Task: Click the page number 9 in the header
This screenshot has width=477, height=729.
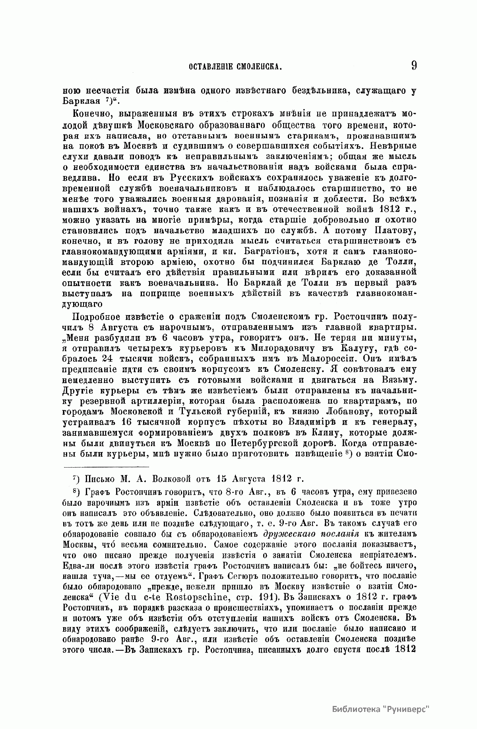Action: [x=414, y=65]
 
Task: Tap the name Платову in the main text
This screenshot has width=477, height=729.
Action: [x=393, y=230]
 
